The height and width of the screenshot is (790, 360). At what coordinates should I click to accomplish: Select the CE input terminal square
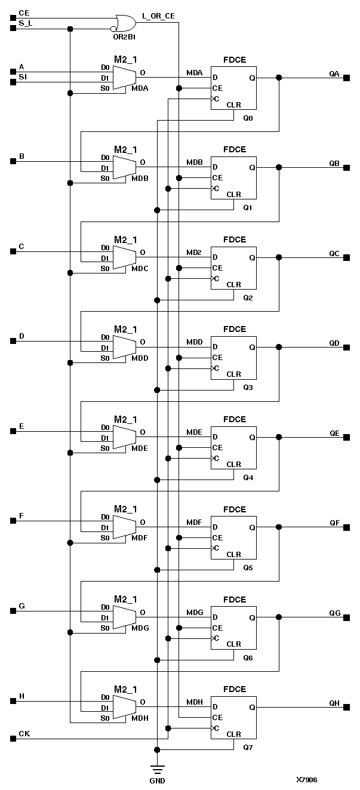click(x=13, y=18)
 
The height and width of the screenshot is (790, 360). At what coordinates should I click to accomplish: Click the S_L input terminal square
click(x=13, y=29)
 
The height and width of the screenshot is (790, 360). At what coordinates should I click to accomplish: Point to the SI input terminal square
click(x=13, y=82)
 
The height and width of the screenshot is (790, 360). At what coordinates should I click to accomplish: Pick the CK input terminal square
click(x=13, y=739)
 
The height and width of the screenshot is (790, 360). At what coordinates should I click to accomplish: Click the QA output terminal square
click(x=346, y=78)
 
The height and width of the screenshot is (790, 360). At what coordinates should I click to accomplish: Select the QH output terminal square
click(x=346, y=708)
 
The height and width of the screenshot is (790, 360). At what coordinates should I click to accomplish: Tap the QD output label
click(x=334, y=343)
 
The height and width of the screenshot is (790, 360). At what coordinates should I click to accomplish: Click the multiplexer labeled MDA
click(x=124, y=77)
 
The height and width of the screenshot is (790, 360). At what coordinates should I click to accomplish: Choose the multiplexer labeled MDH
click(x=124, y=707)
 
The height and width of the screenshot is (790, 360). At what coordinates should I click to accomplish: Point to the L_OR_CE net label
click(x=158, y=14)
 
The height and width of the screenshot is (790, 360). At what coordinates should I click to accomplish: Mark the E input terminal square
click(x=13, y=431)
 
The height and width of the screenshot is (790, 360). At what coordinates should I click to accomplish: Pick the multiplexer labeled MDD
click(x=124, y=347)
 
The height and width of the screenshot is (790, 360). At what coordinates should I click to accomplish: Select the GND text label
click(x=157, y=780)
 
